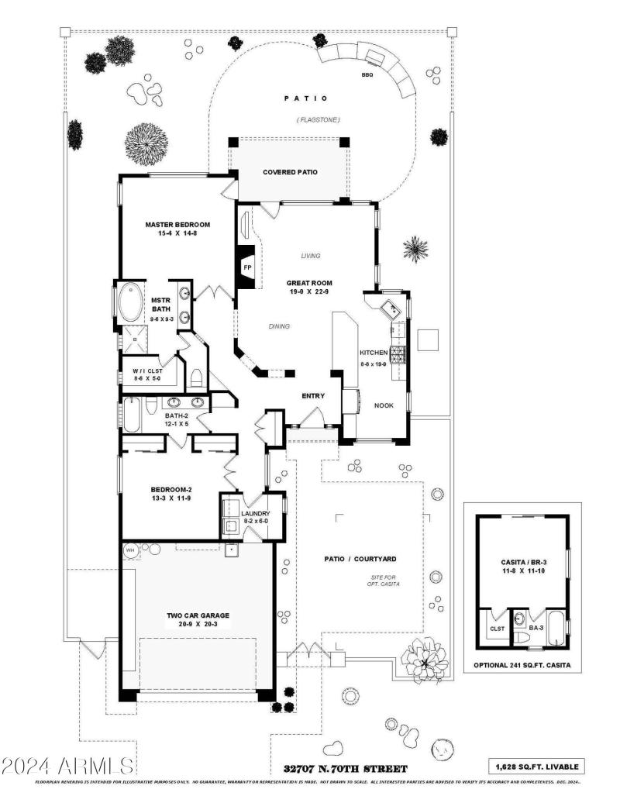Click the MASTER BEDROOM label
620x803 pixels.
[x=177, y=225]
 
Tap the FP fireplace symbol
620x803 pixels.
[x=247, y=267]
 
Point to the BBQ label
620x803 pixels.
[x=367, y=74]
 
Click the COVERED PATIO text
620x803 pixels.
[x=290, y=172]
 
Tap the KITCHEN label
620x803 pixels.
[x=374, y=353]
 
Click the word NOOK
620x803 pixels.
[x=384, y=405]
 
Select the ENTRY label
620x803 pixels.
[x=313, y=396]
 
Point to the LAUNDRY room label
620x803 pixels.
[x=255, y=514]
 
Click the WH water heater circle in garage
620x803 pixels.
[x=130, y=551]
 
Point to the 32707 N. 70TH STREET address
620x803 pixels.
[x=346, y=769]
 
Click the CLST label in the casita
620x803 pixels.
[x=495, y=629]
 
